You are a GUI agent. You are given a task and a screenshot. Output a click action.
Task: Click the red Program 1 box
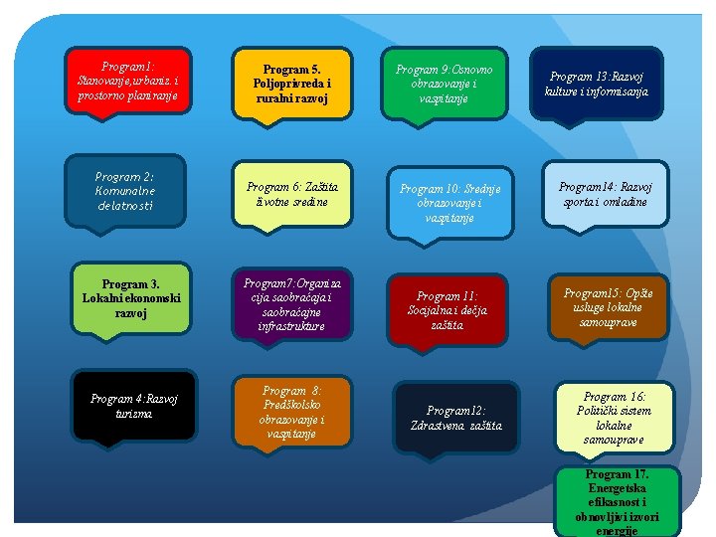[x=127, y=81]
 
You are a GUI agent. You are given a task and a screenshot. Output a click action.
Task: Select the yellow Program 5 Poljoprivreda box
[x=291, y=85]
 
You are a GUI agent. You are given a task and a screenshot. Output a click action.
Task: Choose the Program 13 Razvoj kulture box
[x=597, y=84]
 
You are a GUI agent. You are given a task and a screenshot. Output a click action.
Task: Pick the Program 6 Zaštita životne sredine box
[x=291, y=194]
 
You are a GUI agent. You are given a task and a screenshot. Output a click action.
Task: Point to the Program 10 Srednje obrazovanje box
[x=450, y=203]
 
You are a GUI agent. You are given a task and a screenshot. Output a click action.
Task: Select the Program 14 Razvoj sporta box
[x=605, y=194]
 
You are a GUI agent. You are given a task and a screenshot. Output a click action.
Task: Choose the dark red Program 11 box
[x=447, y=310]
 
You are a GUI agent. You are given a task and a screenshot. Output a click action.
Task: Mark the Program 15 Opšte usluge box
[x=609, y=307]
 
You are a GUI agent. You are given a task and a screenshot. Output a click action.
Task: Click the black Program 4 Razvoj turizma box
[x=133, y=406]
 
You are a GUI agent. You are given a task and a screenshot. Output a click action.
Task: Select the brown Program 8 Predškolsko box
[x=291, y=411]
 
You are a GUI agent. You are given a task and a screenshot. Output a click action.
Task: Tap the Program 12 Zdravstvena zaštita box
[x=456, y=418]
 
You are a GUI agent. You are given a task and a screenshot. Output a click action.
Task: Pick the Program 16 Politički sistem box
[x=614, y=418]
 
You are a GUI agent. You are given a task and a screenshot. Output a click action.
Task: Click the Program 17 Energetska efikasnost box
[x=617, y=501]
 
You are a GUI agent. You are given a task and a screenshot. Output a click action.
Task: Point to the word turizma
[x=134, y=413]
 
